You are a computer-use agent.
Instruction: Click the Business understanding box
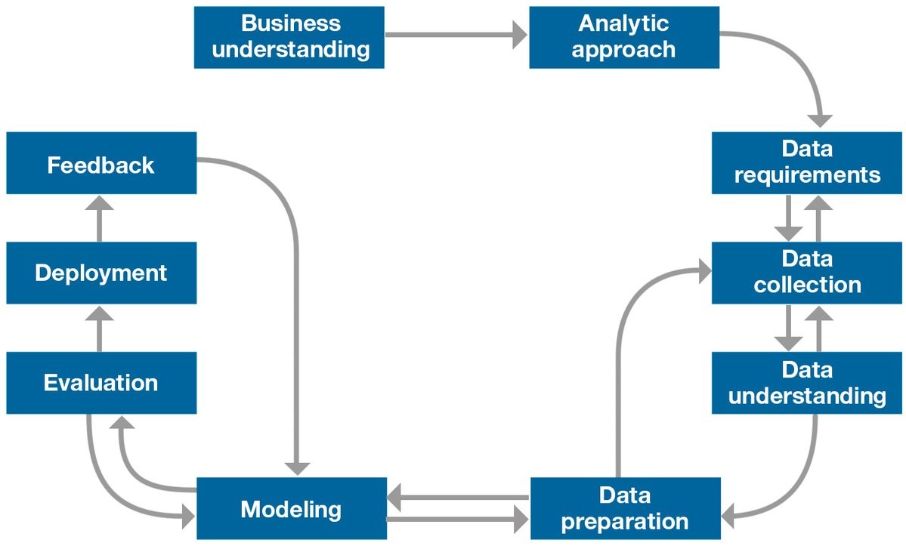point(289,37)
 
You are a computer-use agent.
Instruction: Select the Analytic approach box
point(623,37)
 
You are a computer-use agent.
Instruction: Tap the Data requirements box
point(807,162)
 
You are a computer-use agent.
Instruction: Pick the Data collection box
point(807,273)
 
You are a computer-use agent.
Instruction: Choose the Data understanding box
point(807,383)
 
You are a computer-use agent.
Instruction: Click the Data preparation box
point(625,508)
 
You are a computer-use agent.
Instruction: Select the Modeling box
point(292,508)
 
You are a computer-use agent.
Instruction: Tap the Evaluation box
point(101,383)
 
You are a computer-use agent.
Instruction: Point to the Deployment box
point(101,273)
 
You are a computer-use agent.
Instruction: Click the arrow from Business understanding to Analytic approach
point(456,34)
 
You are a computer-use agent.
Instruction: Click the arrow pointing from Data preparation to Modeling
point(457,497)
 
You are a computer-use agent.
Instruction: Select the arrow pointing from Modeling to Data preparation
point(457,520)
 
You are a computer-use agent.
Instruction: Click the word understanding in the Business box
point(291,51)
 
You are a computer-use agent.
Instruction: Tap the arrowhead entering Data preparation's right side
point(731,517)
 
